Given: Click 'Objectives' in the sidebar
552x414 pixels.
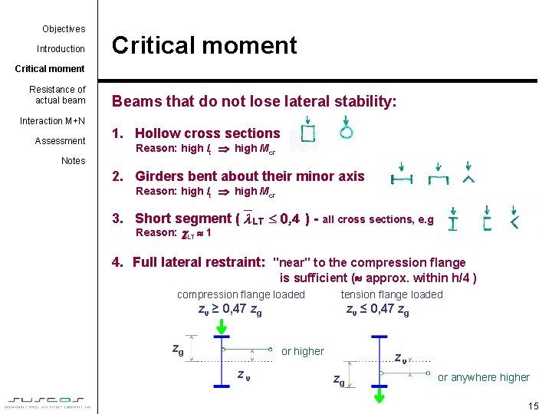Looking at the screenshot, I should (64, 29).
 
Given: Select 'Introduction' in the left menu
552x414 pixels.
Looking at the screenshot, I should (61, 49).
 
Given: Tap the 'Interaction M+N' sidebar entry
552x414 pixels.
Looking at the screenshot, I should (52, 121).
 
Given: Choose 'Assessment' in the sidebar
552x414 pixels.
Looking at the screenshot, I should (60, 141).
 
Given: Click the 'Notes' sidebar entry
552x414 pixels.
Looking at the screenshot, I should (73, 161).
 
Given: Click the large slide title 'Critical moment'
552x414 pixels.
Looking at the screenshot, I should (204, 45).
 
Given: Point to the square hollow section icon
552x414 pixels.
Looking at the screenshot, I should (307, 135).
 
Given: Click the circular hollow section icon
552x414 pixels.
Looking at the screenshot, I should (347, 132).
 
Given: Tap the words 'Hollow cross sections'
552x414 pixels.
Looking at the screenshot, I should (208, 133).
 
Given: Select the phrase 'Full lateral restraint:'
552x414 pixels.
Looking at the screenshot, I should (199, 262).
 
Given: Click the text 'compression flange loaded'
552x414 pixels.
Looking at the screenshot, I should (241, 294).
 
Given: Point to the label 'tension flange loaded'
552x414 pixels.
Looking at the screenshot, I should (392, 294).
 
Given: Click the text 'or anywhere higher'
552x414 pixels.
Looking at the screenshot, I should (483, 377).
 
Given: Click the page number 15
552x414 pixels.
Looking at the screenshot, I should (534, 406).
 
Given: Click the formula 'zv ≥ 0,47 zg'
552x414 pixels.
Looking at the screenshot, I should (229, 310).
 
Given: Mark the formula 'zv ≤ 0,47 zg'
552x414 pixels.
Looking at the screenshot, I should (377, 310).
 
